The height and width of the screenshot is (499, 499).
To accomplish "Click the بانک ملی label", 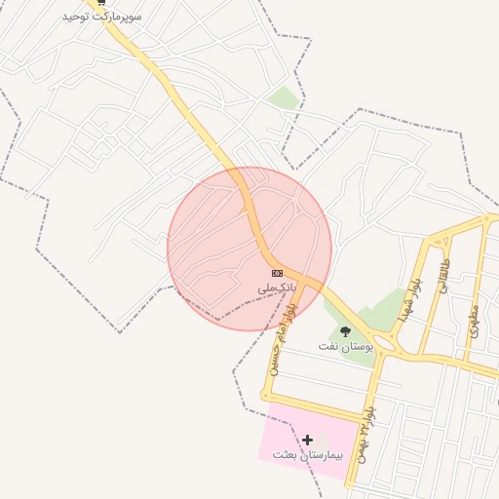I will (277, 288).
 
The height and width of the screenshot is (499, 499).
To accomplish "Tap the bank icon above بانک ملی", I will (278, 273).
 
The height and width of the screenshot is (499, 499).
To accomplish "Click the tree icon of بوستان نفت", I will (345, 331).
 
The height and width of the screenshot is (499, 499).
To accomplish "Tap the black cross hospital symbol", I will (308, 441).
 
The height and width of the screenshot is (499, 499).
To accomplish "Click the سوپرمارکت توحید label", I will (102, 18).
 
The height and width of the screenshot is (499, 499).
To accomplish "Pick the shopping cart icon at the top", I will (101, 3).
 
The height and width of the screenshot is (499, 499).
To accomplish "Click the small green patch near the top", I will (284, 97).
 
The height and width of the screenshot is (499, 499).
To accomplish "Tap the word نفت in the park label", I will (329, 347).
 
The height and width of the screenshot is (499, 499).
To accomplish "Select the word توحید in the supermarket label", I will (77, 18).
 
